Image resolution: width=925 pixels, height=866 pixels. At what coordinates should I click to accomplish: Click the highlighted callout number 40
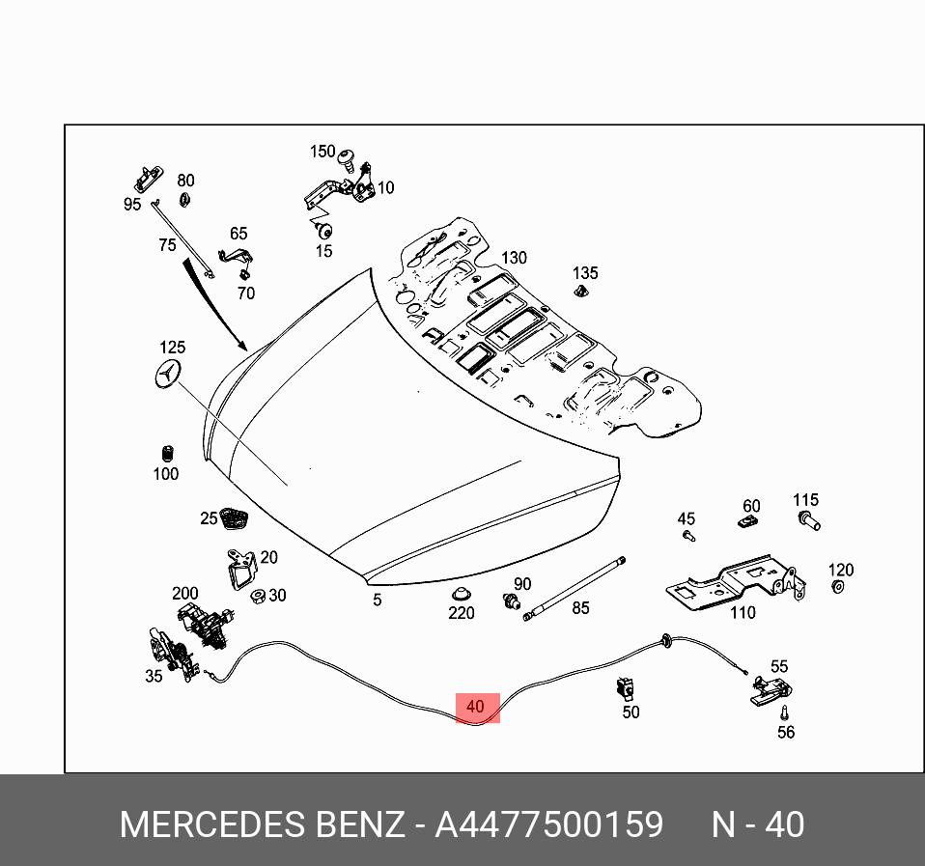coord(475,707)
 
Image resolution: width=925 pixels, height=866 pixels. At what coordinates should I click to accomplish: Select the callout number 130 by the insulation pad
coord(514,258)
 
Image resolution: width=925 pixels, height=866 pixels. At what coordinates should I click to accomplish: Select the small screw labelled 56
coord(784,712)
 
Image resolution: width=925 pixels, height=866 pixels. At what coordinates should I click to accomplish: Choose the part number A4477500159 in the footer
coord(548,825)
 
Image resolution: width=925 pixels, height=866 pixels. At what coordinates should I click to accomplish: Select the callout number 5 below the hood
coord(378,600)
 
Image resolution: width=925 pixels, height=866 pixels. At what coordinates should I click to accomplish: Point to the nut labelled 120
coord(838,588)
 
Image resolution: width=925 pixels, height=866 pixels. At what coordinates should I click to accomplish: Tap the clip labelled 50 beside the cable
coord(625,688)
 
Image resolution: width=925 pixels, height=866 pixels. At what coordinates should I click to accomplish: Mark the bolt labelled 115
coord(808,522)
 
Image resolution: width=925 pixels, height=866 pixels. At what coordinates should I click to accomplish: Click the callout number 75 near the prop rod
coord(168,245)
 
